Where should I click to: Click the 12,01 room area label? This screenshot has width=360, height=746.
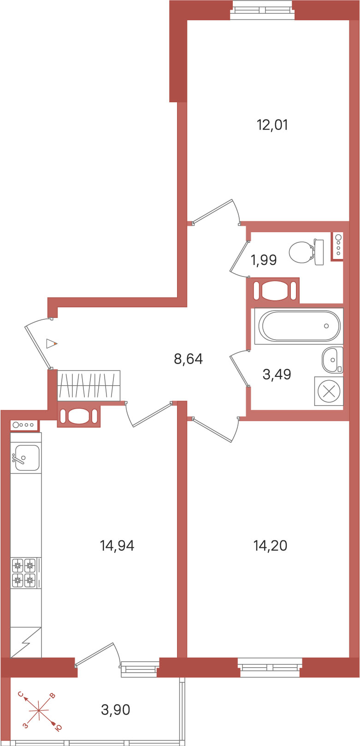pos(272,125)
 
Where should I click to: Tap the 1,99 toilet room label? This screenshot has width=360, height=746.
pos(264,260)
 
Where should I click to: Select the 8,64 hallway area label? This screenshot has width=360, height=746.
pos(188,358)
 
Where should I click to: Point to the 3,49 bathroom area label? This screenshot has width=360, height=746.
pos(277,374)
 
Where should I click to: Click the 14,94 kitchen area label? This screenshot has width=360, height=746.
pos(117,546)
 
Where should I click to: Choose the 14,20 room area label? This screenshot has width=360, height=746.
pos(270,546)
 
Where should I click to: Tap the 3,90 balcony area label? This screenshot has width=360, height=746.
pos(116,710)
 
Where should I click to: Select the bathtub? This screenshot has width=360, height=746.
pos(299,326)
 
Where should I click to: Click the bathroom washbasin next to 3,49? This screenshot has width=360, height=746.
pos(332,360)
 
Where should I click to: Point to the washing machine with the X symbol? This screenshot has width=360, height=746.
pos(329,391)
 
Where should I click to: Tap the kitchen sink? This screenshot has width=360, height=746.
pos(26,453)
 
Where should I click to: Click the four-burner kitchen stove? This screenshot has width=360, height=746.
pos(26,573)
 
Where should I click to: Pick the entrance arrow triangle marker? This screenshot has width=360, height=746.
pos(52,344)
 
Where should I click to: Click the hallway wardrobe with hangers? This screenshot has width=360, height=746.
pos(89,386)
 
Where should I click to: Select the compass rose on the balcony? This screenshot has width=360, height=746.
pos(39,711)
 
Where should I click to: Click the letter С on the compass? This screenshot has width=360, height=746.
pos(21,694)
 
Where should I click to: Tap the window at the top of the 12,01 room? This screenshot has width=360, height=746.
pos(262,7)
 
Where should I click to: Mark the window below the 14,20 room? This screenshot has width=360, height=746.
pos(270,667)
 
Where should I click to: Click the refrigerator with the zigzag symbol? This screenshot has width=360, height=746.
pos(26,642)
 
